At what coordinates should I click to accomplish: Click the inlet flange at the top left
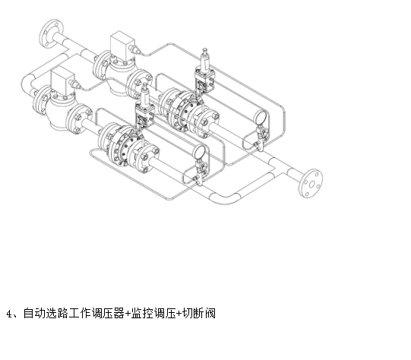click(x=51, y=33)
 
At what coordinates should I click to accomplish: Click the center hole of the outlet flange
click(x=311, y=185)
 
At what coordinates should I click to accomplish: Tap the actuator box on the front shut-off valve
click(x=63, y=81)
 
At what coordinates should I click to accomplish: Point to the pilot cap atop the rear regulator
click(x=205, y=49)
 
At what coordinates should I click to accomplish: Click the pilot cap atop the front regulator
click(x=144, y=85)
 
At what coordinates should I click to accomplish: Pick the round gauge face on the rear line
click(x=261, y=116)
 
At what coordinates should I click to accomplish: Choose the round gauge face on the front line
click(x=199, y=152)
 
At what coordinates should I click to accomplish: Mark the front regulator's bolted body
click(x=128, y=145)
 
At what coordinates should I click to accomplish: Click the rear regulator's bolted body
click(x=189, y=111)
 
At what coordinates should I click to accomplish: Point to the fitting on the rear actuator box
click(x=134, y=49)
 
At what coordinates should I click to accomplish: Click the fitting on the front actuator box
click(x=74, y=84)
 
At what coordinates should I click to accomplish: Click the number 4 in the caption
click(x=9, y=314)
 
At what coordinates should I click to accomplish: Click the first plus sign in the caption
click(x=128, y=314)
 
